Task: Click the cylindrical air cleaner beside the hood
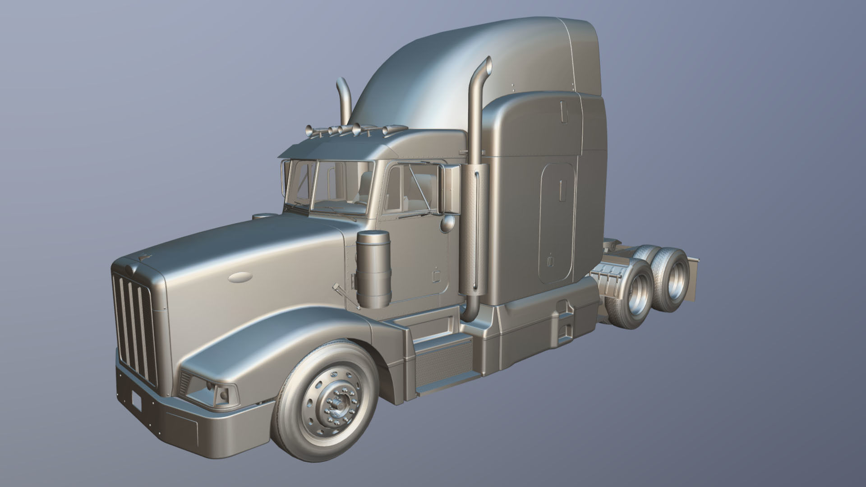click(x=373, y=269)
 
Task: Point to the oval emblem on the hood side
click(x=240, y=277)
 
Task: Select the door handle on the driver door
click(x=436, y=276)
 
